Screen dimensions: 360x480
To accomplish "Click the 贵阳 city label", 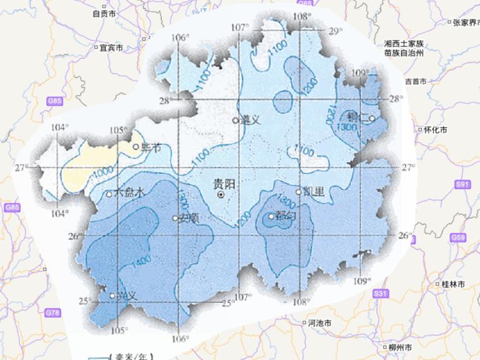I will [x=224, y=184].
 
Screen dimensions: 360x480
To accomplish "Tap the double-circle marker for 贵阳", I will [x=221, y=195].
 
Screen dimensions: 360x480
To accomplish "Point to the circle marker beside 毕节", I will [x=136, y=147].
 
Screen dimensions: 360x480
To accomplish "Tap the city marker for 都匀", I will [x=271, y=217].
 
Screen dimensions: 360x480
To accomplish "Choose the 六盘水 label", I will [x=130, y=194].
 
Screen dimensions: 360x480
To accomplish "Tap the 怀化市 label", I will [x=435, y=130].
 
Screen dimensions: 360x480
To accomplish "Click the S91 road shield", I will [x=462, y=184].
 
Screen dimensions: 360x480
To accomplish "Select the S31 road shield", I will [x=380, y=293].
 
